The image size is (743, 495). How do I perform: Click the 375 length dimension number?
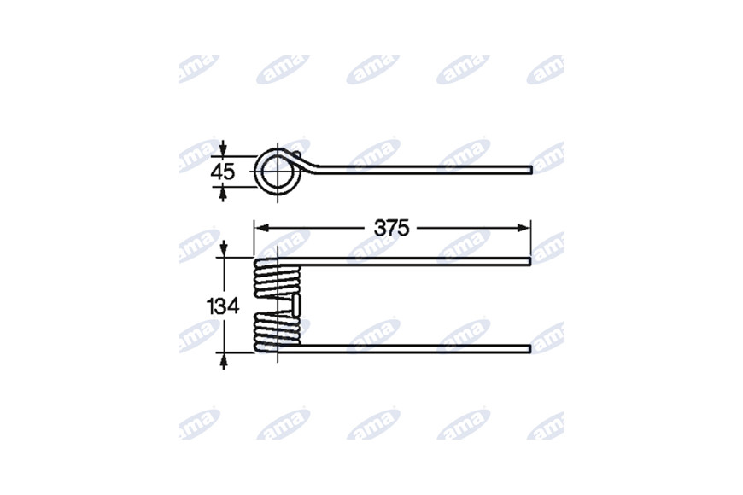[391, 229]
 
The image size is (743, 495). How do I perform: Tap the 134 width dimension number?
[223, 306]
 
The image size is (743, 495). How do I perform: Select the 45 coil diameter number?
[223, 172]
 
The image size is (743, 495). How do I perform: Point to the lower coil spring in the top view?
[278, 332]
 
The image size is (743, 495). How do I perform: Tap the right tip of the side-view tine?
[531, 170]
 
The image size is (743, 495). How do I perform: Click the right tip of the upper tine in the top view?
[529, 261]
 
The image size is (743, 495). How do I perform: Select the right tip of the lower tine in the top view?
[529, 349]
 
